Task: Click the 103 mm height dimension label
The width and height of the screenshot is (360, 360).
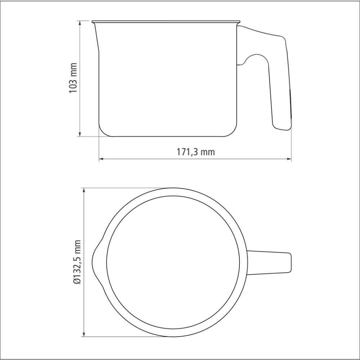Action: coord(73,78)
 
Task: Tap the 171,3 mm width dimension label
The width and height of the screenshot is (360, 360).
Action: coord(195,152)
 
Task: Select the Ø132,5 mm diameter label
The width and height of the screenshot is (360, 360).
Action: coord(77,262)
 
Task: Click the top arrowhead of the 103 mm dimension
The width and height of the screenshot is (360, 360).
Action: coord(80,23)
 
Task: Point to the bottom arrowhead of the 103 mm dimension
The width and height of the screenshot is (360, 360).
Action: coord(80,134)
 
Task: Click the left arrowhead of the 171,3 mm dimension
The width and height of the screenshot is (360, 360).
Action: coord(102,159)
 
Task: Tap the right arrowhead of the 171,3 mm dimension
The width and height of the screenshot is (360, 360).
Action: coord(289,159)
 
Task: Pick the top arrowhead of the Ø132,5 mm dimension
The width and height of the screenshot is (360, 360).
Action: coord(84,190)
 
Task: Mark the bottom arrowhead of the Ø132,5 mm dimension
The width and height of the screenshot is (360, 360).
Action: coord(84,334)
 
